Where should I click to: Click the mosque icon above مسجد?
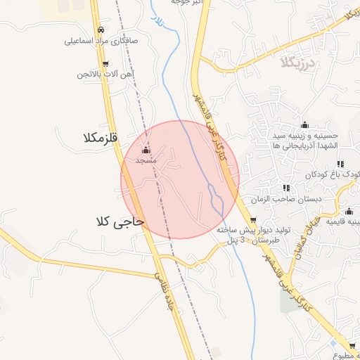(146, 150)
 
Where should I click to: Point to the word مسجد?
(146, 161)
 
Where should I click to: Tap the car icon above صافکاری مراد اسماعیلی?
(102, 30)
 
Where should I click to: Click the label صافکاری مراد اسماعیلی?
(102, 41)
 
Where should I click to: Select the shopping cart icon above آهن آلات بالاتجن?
(105, 63)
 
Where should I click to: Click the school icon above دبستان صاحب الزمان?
(285, 188)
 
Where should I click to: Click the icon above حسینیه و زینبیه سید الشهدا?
(305, 124)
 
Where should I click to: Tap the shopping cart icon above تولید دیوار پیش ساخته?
(253, 220)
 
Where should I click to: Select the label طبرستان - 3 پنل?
(253, 240)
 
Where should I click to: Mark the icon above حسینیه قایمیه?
(349, 212)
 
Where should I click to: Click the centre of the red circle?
(180, 179)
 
